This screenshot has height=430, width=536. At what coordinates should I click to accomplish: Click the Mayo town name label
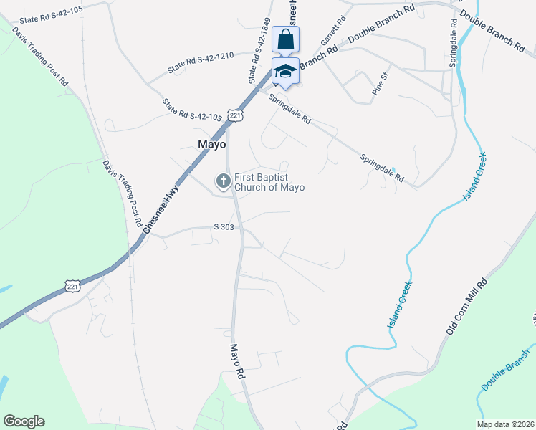[211, 144]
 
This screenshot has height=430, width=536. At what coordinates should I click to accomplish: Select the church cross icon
[224, 181]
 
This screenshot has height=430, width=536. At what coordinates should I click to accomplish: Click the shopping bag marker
[285, 40]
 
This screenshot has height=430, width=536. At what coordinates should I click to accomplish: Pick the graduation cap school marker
[285, 72]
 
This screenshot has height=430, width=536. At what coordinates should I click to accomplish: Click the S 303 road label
[224, 227]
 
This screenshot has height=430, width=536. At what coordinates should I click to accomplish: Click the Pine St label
[380, 84]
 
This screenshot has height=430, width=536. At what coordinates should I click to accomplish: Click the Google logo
[24, 421]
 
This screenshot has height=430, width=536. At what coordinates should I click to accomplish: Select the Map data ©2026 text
[505, 424]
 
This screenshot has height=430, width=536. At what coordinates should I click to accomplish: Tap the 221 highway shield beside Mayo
[236, 115]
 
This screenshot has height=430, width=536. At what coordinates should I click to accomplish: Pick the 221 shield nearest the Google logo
[72, 285]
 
